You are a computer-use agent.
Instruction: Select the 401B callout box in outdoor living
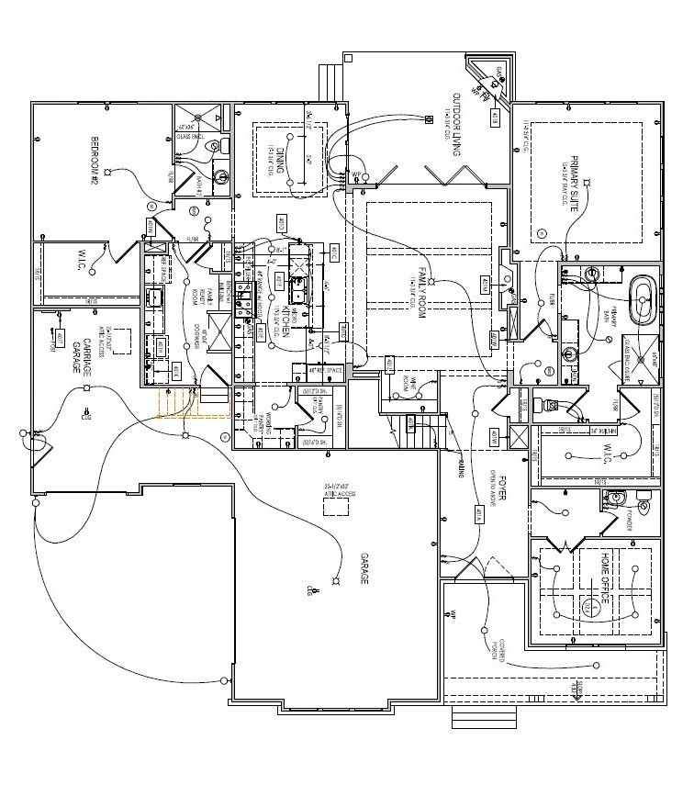click(x=495, y=118)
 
